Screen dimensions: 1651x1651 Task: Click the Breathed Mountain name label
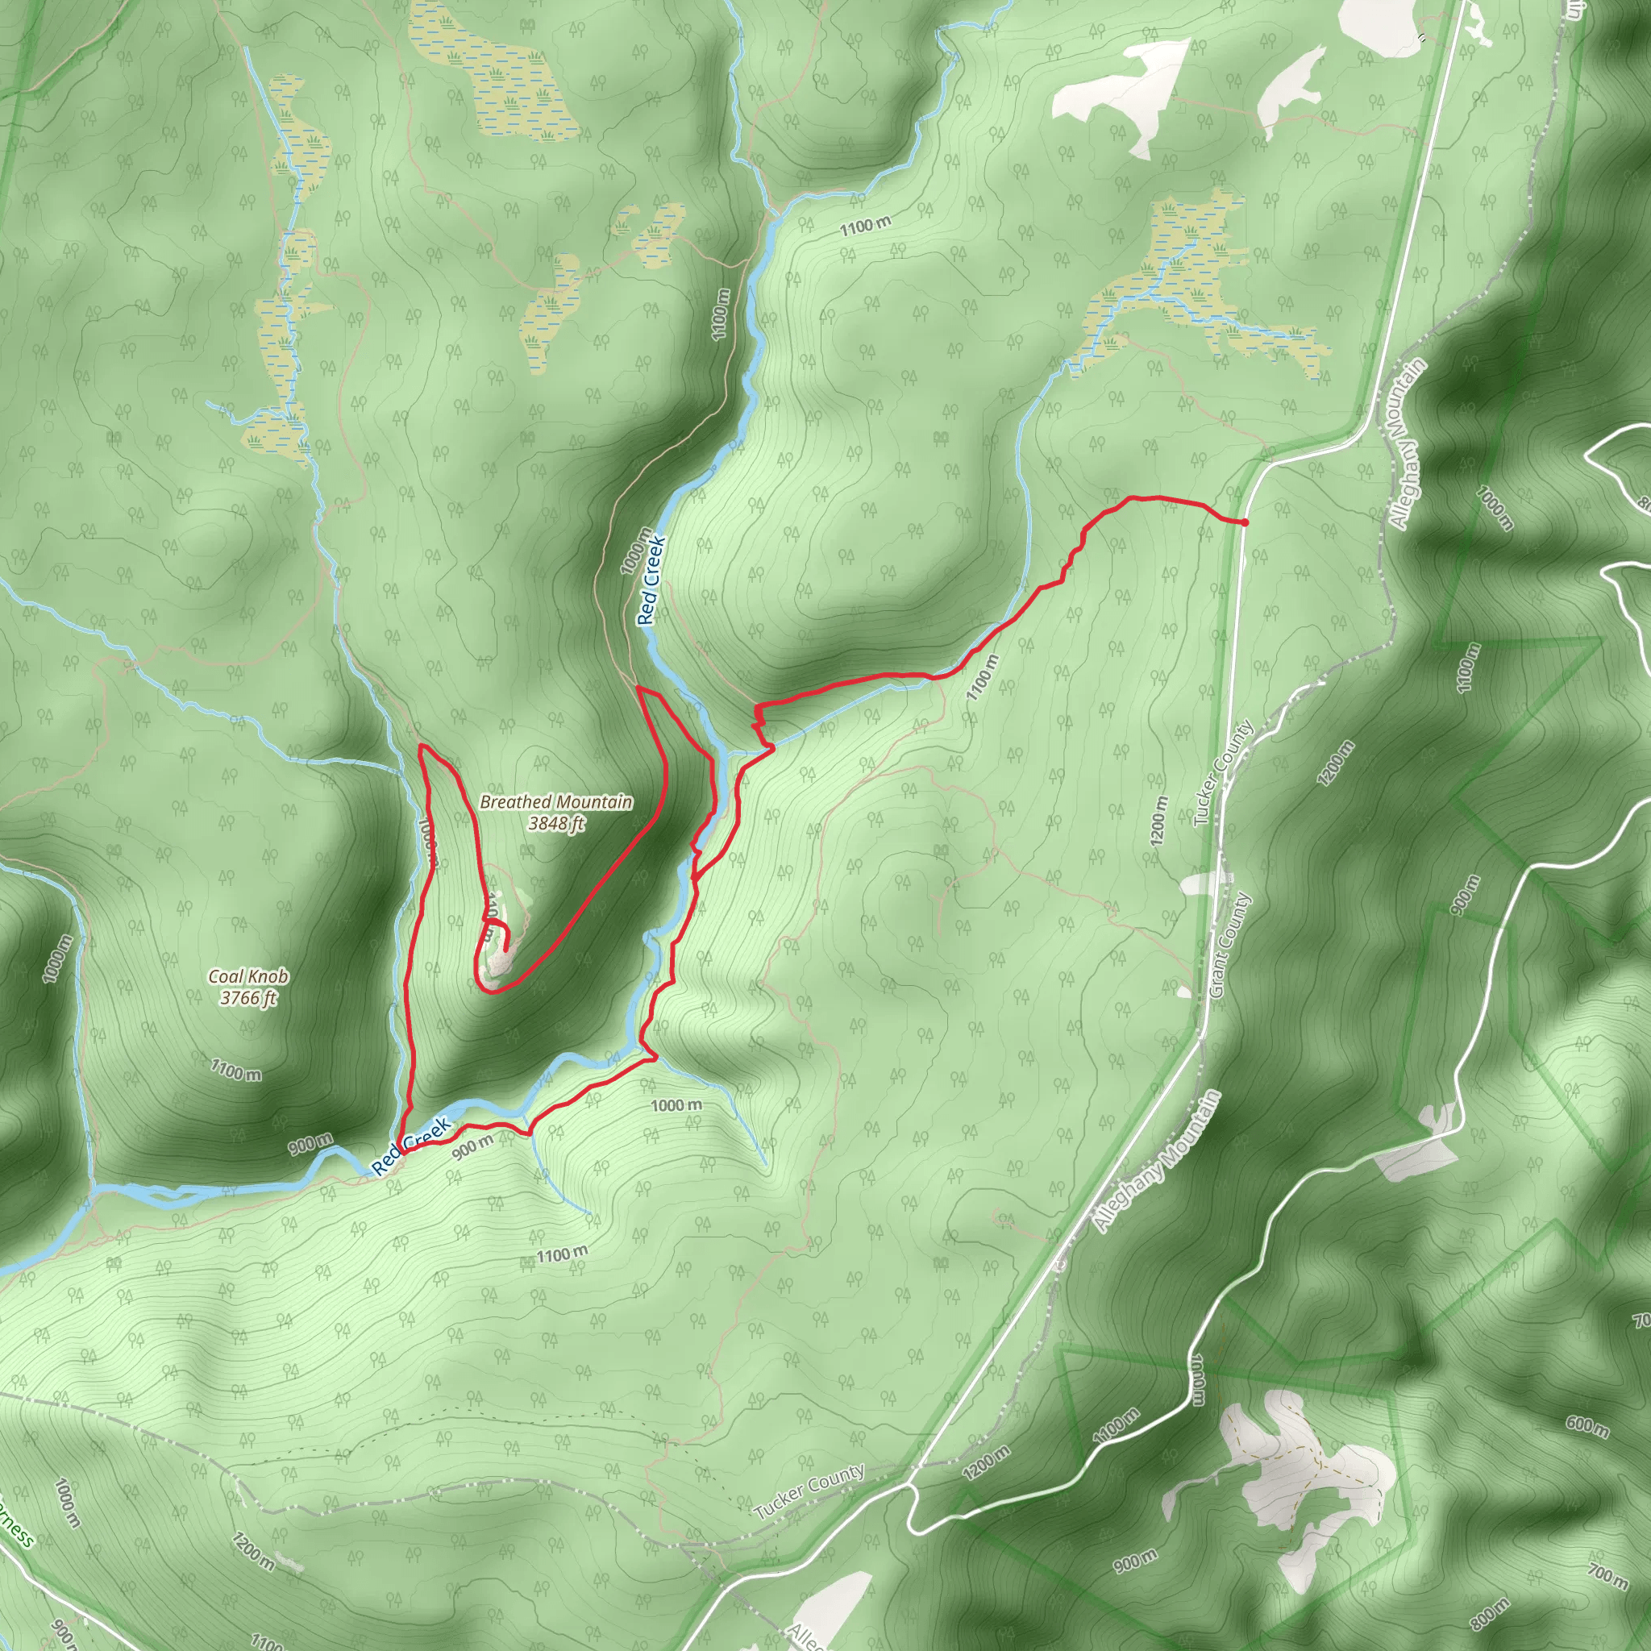[555, 801]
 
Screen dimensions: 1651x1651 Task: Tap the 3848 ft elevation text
[555, 824]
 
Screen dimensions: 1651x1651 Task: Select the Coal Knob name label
[248, 976]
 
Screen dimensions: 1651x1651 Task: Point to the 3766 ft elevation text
[248, 997]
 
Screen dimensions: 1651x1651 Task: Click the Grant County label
[1230, 947]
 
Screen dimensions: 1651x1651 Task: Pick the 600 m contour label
[1587, 1425]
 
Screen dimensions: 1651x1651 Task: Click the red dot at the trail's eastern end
[1244, 522]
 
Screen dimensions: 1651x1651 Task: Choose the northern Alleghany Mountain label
[1408, 443]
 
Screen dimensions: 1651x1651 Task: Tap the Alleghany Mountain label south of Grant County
[1158, 1162]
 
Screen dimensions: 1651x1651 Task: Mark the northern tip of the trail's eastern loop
[640, 688]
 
